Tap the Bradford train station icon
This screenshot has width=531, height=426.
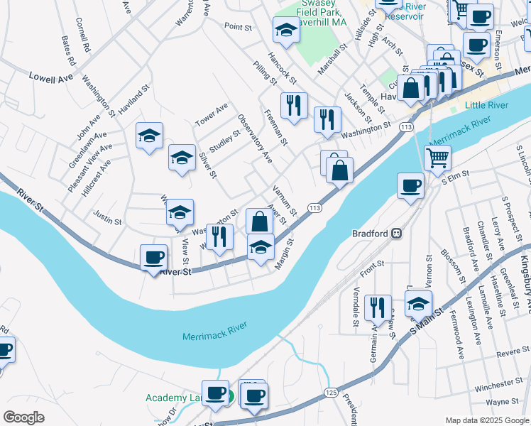(x=399, y=233)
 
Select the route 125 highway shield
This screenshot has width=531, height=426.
(x=331, y=392)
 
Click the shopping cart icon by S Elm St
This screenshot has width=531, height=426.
(x=437, y=157)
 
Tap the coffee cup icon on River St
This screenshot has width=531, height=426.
(x=153, y=257)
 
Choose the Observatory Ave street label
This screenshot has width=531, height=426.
(x=255, y=138)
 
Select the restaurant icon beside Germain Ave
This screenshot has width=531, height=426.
(x=378, y=307)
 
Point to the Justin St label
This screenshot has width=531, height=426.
(x=108, y=222)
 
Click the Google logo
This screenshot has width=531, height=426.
(x=24, y=417)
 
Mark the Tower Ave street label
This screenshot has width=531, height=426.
(x=212, y=114)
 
